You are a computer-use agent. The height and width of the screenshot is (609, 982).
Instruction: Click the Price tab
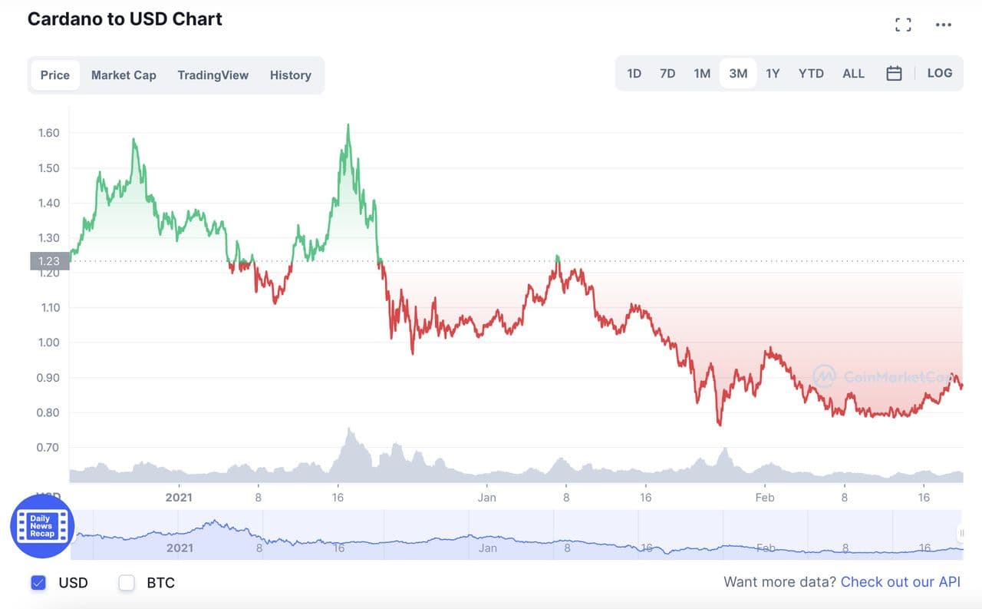click(55, 75)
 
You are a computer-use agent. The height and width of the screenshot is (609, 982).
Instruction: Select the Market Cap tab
click(124, 75)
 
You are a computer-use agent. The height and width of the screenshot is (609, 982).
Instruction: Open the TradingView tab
click(213, 75)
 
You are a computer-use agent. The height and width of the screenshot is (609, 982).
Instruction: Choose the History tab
click(290, 75)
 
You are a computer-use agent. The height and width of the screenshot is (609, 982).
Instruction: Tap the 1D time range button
click(634, 74)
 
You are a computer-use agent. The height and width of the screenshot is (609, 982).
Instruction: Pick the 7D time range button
click(667, 74)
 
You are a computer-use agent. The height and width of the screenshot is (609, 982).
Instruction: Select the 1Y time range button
click(773, 74)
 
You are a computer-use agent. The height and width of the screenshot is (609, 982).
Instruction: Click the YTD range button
click(811, 74)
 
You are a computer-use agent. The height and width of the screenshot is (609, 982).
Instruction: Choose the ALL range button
click(853, 74)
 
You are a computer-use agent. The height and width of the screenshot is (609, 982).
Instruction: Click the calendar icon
click(894, 74)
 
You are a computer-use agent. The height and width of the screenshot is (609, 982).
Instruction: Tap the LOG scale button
click(940, 74)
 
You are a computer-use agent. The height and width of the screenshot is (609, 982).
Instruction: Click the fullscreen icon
click(904, 25)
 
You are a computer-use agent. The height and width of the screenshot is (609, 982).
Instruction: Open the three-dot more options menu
click(944, 25)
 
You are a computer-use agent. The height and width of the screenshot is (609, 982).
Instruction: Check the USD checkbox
click(38, 583)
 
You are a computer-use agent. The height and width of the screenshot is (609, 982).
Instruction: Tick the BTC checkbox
click(127, 583)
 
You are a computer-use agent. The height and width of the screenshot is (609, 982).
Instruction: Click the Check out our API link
click(900, 582)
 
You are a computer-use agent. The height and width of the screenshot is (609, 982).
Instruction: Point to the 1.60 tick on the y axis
click(48, 133)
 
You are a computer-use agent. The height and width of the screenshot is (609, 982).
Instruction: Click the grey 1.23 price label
click(49, 261)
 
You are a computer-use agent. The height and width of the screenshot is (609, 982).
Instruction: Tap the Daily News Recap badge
click(42, 526)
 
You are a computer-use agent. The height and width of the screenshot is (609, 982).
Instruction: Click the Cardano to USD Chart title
click(125, 19)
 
